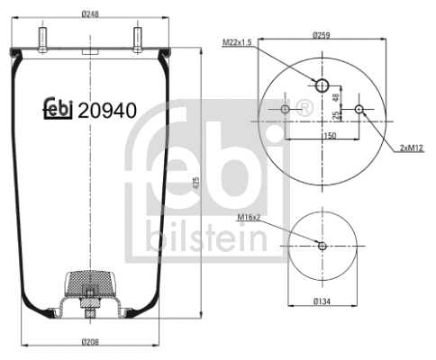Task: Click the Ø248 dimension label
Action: pos(89,13)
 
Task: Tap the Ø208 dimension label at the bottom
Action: pos(89,343)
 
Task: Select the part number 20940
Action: pos(107,112)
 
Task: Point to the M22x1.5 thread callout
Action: pos(239,40)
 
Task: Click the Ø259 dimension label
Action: pos(322,35)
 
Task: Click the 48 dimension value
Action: pos(335,97)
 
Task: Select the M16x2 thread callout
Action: pos(249,217)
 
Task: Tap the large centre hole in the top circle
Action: pos(322,85)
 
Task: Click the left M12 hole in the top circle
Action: pos(286,110)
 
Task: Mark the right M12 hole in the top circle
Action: pos(359,110)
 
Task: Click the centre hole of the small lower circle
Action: pos(322,246)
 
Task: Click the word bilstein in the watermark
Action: pos(206,238)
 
